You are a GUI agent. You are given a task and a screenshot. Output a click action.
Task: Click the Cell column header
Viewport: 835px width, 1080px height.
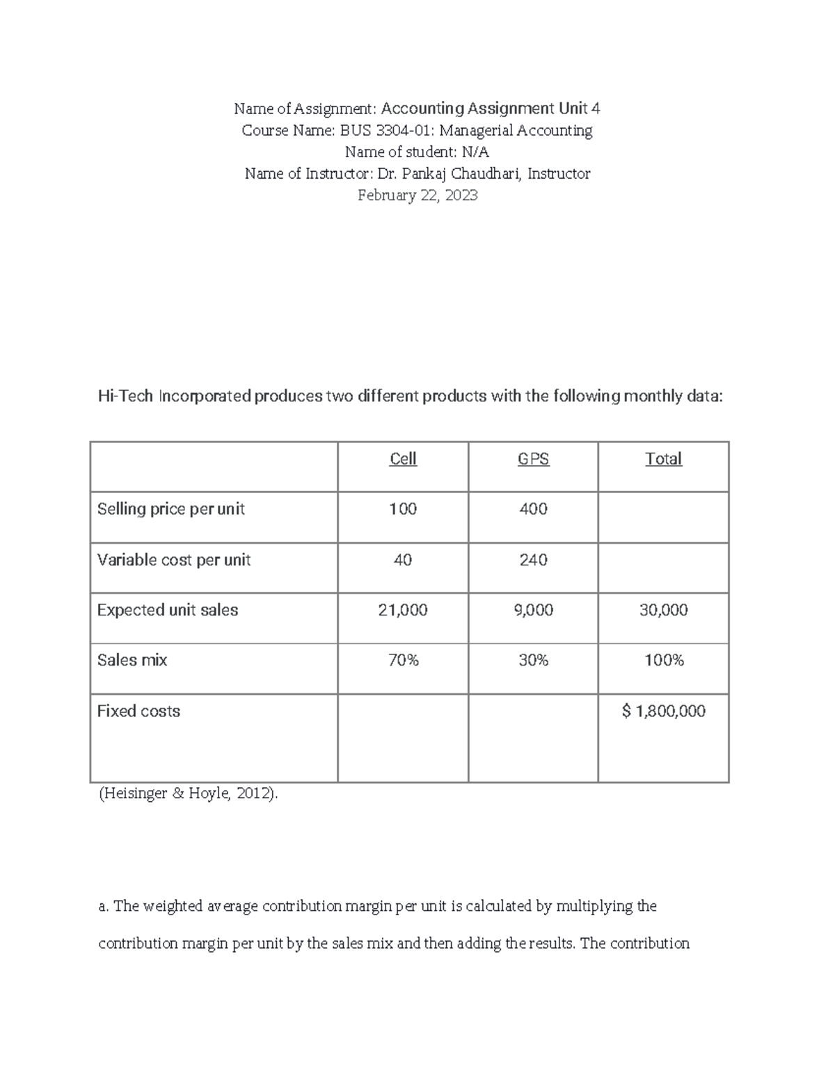pyautogui.click(x=403, y=459)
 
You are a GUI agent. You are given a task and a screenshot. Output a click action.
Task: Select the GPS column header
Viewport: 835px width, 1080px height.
pyautogui.click(x=533, y=459)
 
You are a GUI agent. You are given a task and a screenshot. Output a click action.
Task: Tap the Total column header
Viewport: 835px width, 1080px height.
pyautogui.click(x=663, y=459)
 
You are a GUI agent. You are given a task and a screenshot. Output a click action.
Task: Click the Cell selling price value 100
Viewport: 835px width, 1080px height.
pyautogui.click(x=403, y=509)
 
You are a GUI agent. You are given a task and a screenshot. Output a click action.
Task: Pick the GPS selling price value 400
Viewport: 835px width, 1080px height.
pyautogui.click(x=533, y=509)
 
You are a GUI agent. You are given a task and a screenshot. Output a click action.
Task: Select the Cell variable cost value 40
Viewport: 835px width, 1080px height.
pyautogui.click(x=403, y=560)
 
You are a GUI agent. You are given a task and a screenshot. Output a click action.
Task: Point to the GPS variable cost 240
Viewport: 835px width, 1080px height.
pyautogui.click(x=533, y=560)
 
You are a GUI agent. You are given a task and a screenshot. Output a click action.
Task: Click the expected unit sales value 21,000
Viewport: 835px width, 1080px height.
pyautogui.click(x=403, y=610)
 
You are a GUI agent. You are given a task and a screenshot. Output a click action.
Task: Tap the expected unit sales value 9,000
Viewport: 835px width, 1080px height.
pyautogui.click(x=533, y=610)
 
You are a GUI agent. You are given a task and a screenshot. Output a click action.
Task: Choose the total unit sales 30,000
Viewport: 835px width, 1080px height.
pyautogui.click(x=663, y=610)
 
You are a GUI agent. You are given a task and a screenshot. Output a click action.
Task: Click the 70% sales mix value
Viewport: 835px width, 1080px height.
pyautogui.click(x=403, y=660)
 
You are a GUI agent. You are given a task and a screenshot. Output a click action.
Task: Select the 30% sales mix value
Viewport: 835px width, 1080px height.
pyautogui.click(x=533, y=660)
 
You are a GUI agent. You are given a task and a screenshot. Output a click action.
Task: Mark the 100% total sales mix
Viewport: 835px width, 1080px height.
pyautogui.click(x=663, y=660)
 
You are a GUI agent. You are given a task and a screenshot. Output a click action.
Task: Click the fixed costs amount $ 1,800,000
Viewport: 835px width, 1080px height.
pyautogui.click(x=663, y=711)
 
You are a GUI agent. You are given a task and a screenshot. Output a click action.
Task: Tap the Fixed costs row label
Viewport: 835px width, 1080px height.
pyautogui.click(x=138, y=711)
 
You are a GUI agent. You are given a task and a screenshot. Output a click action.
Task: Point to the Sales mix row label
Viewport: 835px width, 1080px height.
pyautogui.click(x=132, y=660)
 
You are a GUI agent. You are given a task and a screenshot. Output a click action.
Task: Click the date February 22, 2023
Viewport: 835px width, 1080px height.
pyautogui.click(x=417, y=195)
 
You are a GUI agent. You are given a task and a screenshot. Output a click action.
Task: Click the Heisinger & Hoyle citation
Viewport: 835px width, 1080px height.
pyautogui.click(x=188, y=793)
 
